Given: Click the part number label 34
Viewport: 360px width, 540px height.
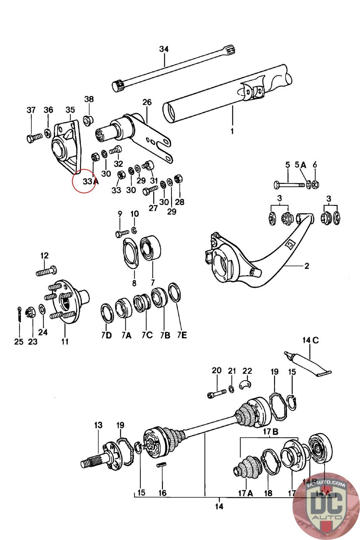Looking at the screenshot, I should tap(164, 49).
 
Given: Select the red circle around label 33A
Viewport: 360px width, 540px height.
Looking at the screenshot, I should tap(85, 181).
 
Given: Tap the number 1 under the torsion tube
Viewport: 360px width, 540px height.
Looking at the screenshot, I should tap(232, 131).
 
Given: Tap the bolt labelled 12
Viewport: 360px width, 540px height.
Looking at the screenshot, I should tap(46, 271).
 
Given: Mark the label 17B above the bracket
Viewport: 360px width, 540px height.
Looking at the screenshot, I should tap(270, 432).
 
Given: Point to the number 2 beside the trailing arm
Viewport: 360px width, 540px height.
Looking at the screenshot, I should tap(306, 266).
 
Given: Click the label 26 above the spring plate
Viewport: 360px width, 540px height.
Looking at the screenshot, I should tap(147, 102).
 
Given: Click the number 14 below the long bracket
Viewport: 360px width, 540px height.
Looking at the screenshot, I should tap(219, 506).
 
